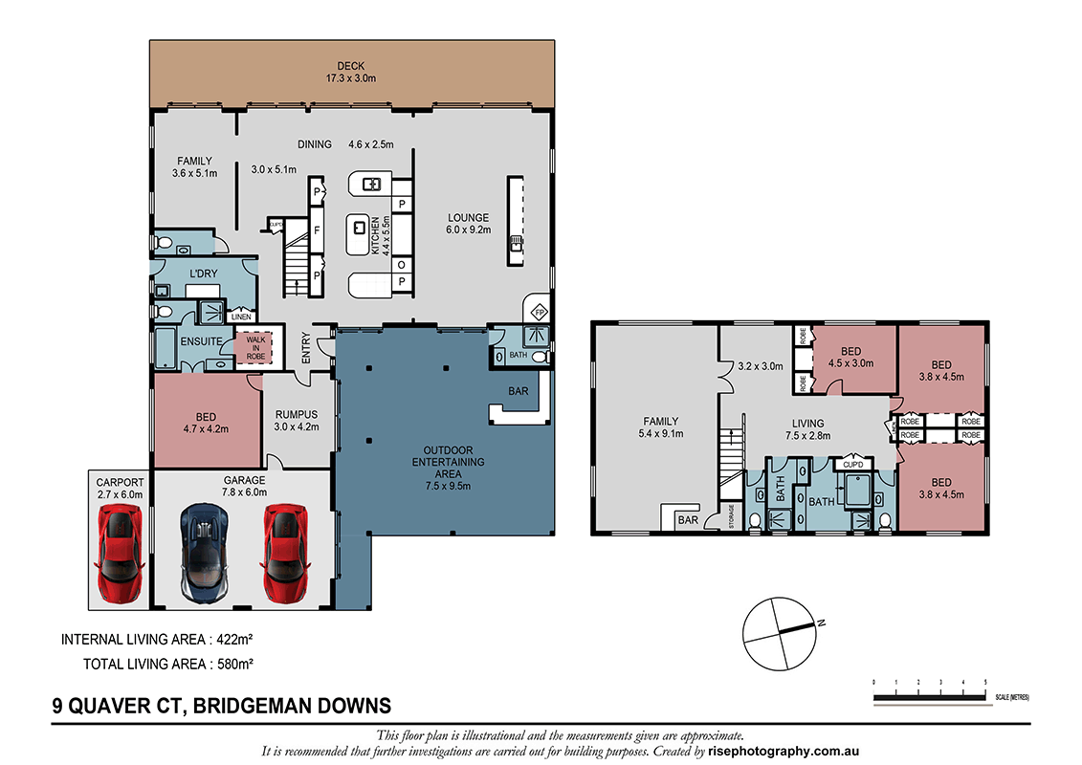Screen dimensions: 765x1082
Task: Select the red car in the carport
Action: [121, 554]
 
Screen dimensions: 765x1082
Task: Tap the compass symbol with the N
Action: [784, 632]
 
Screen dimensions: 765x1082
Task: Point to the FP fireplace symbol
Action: [539, 312]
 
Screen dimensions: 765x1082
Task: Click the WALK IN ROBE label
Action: [255, 347]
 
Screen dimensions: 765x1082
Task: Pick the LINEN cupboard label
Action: [240, 317]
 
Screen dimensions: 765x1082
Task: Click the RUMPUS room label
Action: [297, 414]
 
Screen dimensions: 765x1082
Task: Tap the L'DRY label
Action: [203, 273]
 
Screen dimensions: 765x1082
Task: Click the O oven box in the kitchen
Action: [402, 264]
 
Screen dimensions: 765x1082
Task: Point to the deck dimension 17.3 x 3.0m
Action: [352, 78]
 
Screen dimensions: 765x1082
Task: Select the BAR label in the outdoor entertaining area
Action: [519, 392]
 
